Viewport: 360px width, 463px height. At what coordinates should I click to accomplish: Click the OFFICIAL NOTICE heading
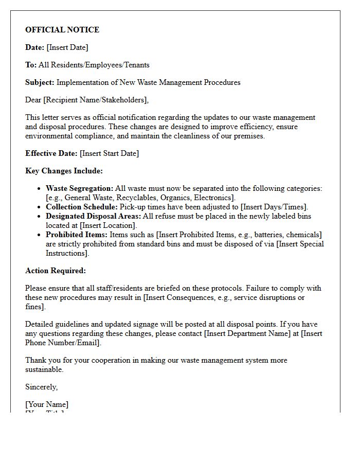[x=62, y=30]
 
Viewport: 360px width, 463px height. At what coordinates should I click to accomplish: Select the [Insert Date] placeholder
[x=67, y=47]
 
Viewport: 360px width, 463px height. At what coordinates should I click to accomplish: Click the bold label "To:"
[x=31, y=65]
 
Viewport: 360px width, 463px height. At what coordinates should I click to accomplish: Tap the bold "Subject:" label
[x=40, y=82]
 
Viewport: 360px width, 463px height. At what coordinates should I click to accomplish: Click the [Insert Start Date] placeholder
[x=110, y=153]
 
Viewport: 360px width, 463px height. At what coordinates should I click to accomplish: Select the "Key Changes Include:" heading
[x=64, y=171]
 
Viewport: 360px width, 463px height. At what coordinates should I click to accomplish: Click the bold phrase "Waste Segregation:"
[x=79, y=188]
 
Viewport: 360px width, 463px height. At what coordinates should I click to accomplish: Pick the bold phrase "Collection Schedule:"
[x=81, y=207]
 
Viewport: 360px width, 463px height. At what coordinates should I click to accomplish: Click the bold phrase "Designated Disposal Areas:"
[x=93, y=216]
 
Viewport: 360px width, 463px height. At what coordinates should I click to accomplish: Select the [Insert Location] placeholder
[x=108, y=225]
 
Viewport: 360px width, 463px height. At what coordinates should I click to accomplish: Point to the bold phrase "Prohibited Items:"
[x=77, y=235]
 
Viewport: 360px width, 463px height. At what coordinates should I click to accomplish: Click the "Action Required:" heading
[x=56, y=271]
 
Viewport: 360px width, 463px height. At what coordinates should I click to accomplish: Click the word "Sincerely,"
[x=42, y=387]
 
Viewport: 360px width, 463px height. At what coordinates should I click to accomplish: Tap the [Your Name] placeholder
[x=47, y=404]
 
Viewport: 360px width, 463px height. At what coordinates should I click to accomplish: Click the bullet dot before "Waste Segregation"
[x=39, y=189]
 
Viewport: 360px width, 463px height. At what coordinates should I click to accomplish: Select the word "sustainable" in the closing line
[x=44, y=369]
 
